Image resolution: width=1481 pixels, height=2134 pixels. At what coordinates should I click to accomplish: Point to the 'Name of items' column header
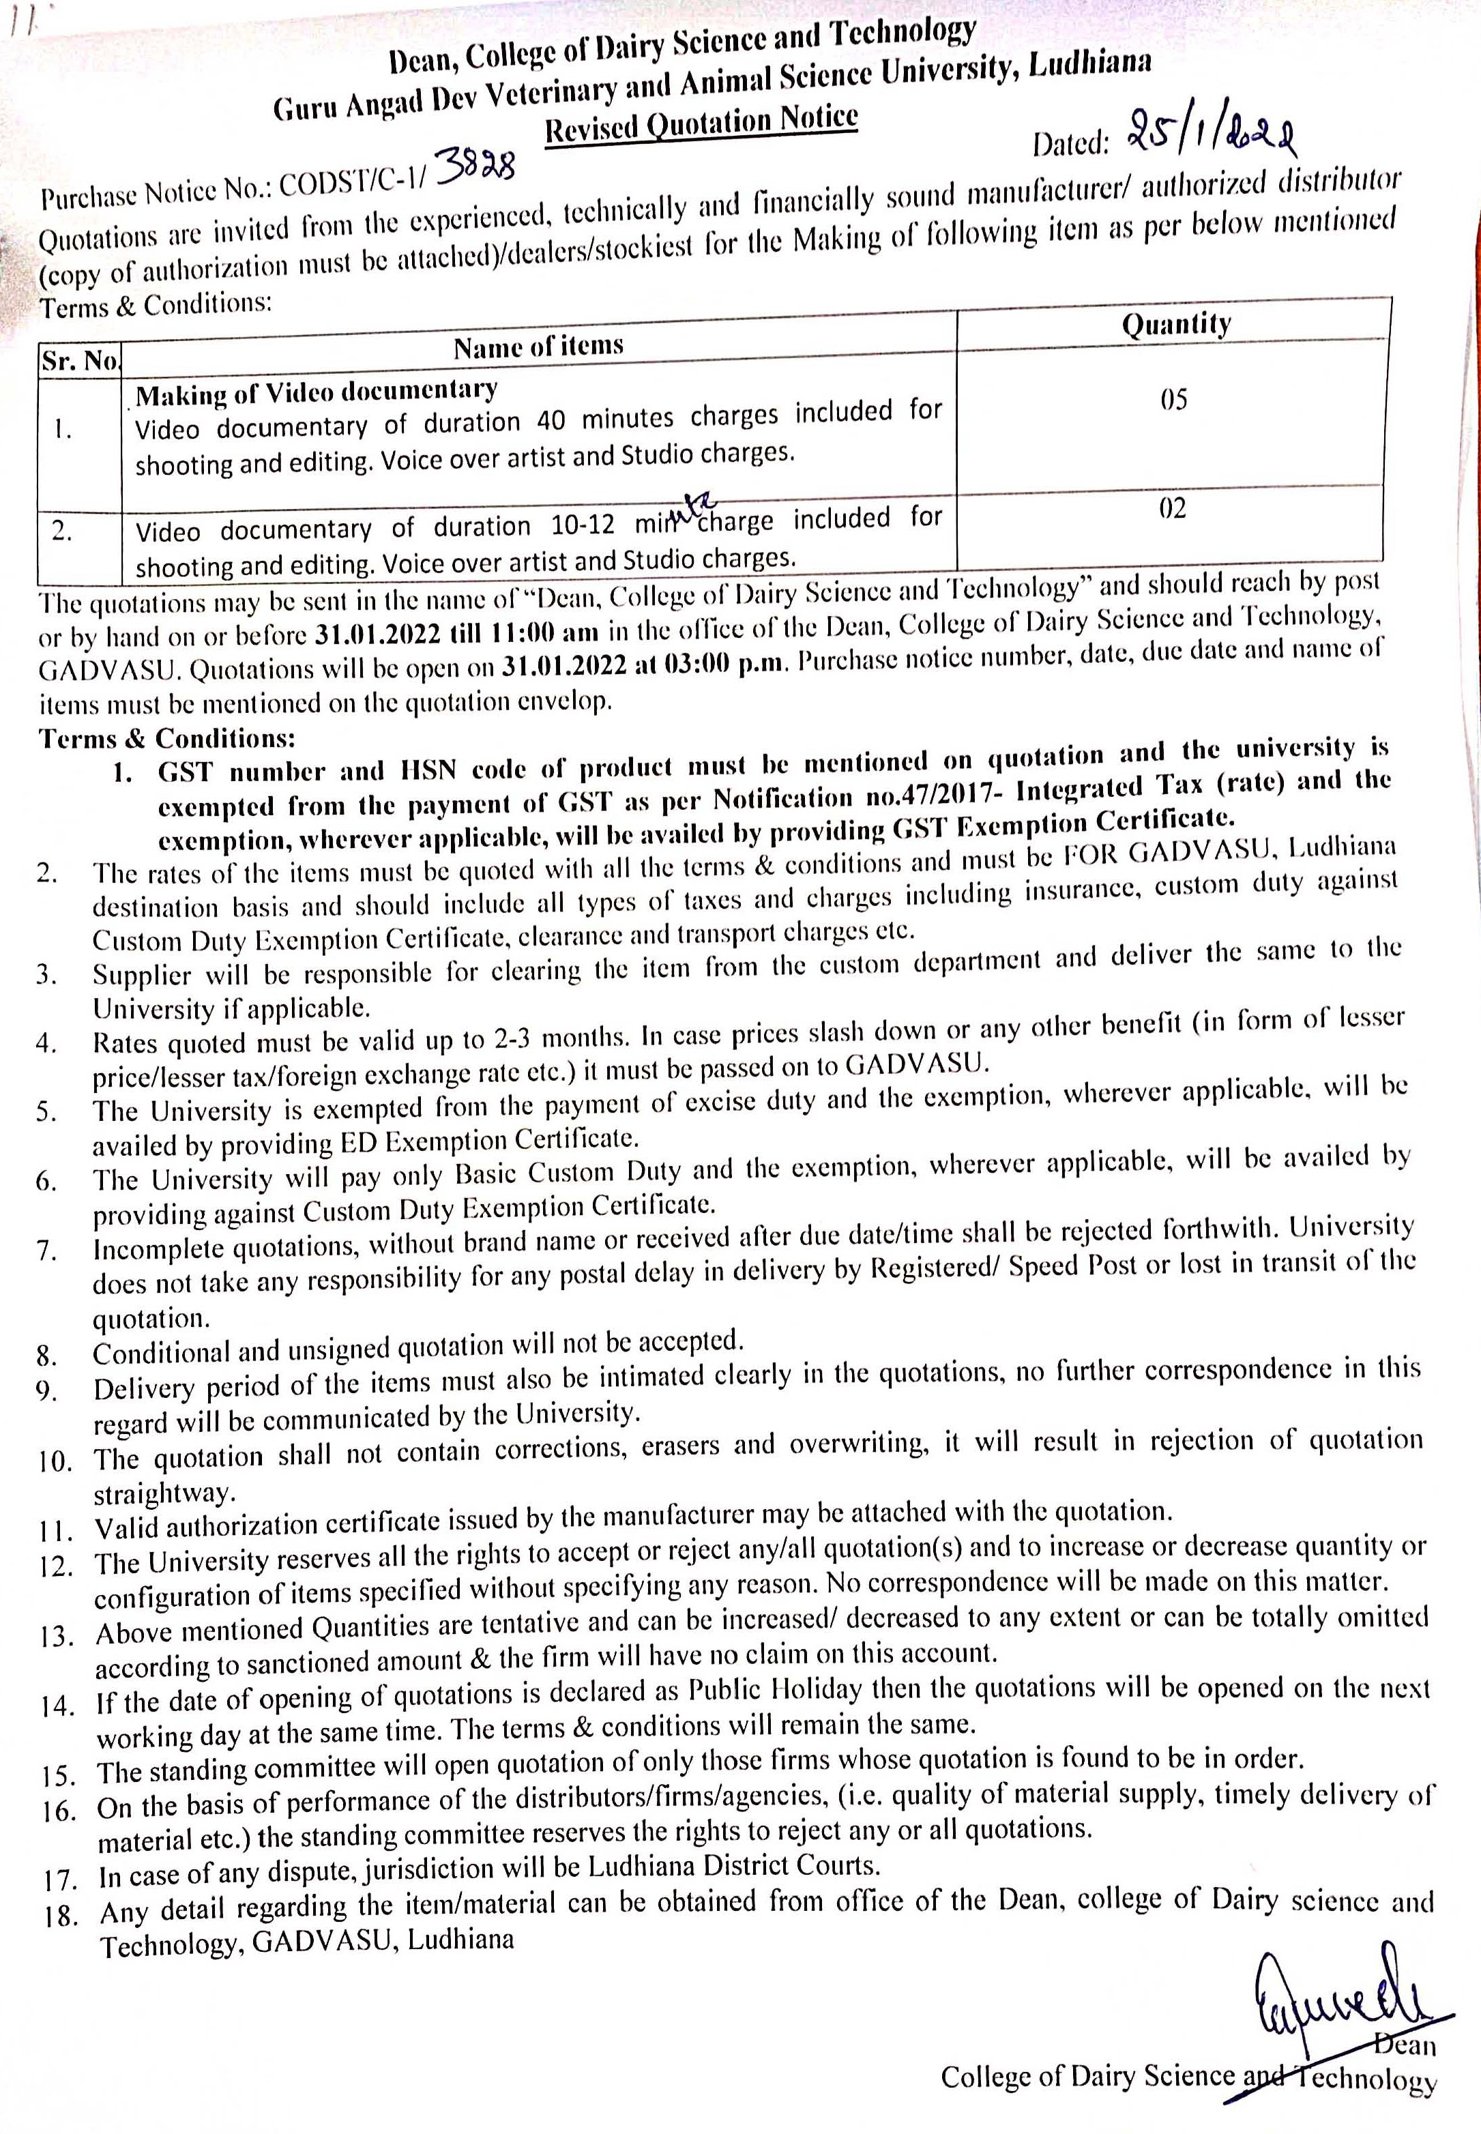[x=538, y=346]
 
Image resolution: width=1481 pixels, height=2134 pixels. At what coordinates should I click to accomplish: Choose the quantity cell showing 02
[x=1172, y=508]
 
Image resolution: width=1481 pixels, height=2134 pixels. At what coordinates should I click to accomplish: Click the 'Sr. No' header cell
[x=80, y=360]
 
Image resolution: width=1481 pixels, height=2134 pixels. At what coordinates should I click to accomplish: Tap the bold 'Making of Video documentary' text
[x=317, y=392]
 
